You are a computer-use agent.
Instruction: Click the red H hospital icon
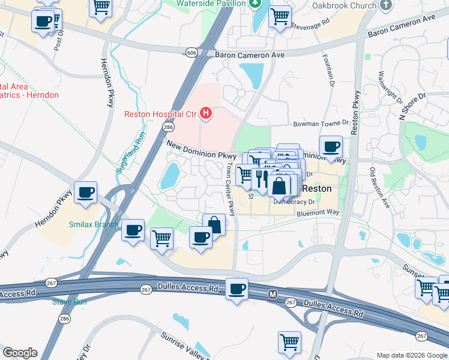206,113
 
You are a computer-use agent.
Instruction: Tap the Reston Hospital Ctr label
160,114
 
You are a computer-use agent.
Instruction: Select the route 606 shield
191,53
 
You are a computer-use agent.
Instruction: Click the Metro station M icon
272,295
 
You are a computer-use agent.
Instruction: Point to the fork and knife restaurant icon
261,178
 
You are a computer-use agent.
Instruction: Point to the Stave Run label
69,302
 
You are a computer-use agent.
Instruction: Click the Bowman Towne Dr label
321,124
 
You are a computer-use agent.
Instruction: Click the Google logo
19,353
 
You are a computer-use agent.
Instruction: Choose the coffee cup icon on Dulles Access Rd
237,290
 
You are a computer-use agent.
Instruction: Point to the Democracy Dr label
294,202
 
